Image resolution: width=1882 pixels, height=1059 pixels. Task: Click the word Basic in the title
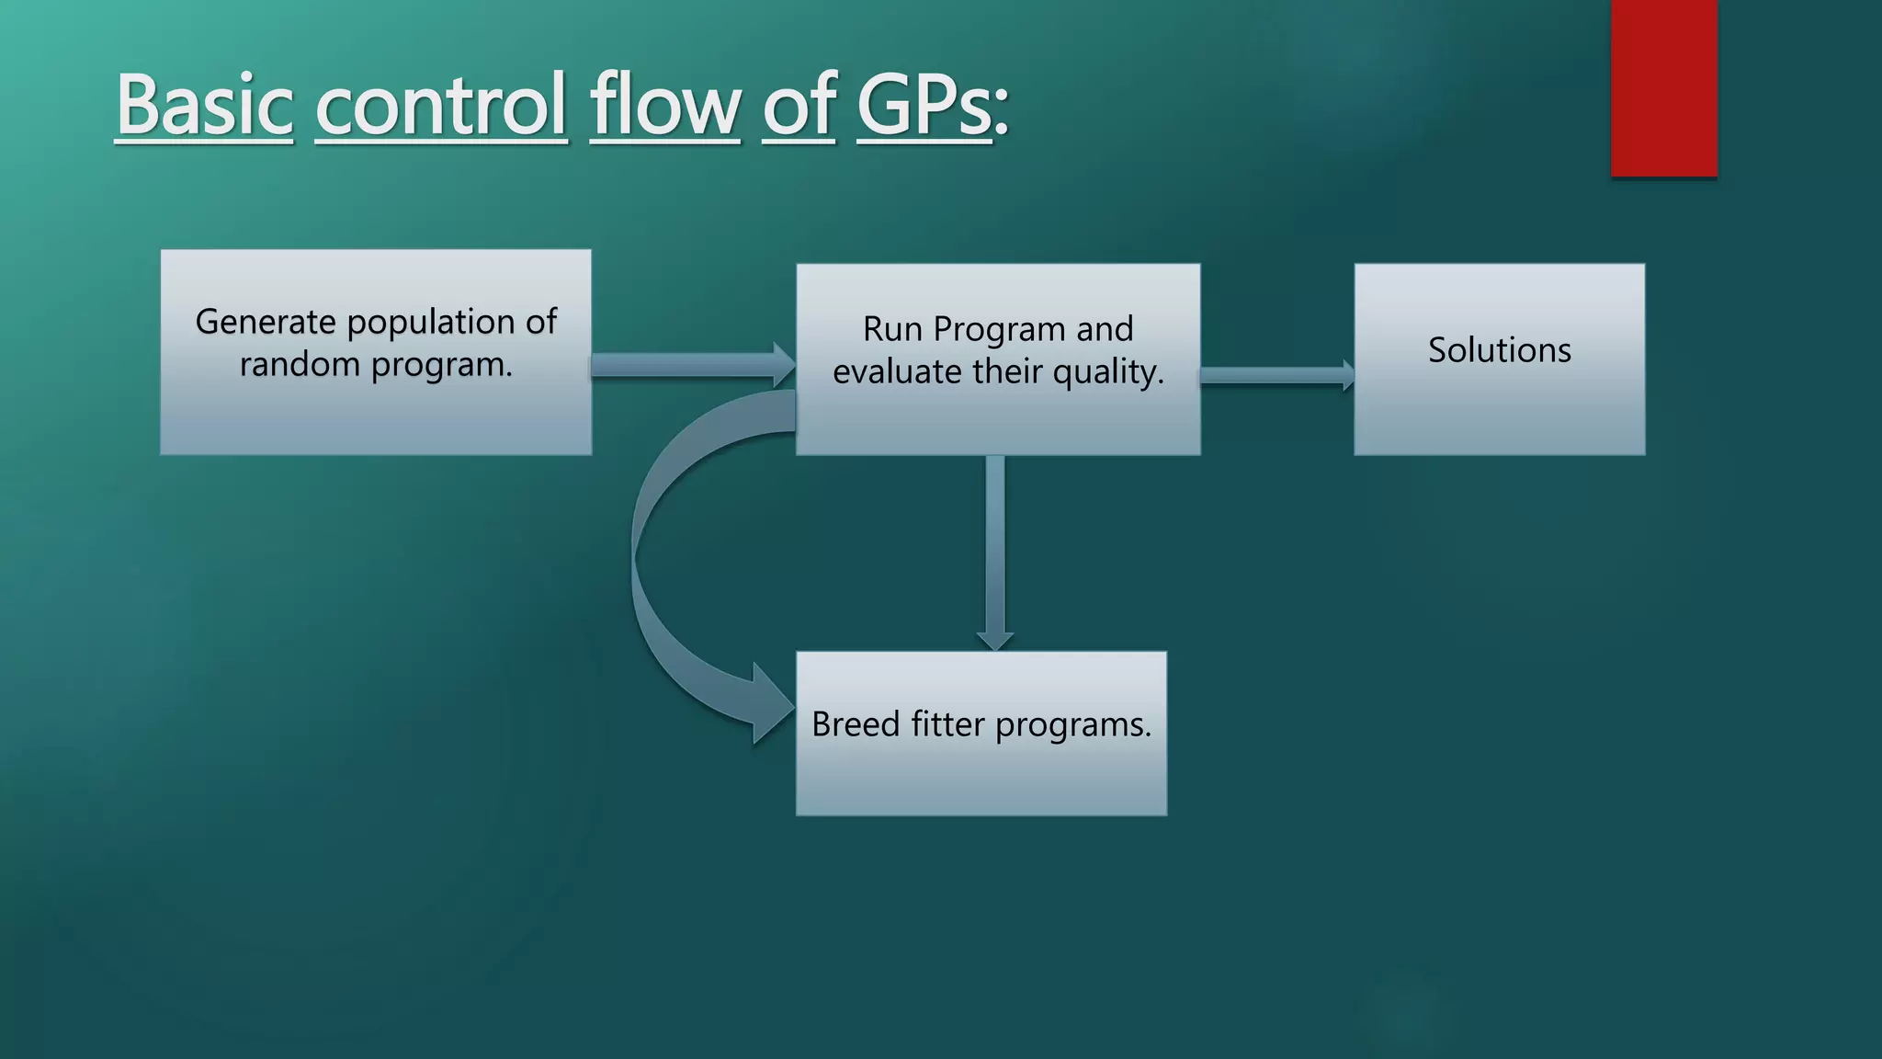(204, 105)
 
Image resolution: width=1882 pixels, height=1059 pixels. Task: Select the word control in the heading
(441, 105)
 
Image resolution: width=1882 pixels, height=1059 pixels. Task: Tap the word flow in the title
(663, 105)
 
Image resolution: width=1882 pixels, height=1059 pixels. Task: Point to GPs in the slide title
(924, 105)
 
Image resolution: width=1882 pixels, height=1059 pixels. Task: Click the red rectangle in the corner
(1663, 87)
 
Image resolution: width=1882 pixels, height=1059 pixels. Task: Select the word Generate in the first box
(266, 322)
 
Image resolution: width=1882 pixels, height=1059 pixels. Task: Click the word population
(430, 322)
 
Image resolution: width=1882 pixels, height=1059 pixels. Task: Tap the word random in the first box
(300, 365)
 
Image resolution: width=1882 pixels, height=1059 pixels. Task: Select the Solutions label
(1499, 350)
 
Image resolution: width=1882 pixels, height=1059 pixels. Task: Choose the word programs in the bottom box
(1072, 726)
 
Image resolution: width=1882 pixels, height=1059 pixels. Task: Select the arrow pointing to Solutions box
(1275, 375)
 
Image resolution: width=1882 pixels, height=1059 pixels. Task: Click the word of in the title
(798, 105)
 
